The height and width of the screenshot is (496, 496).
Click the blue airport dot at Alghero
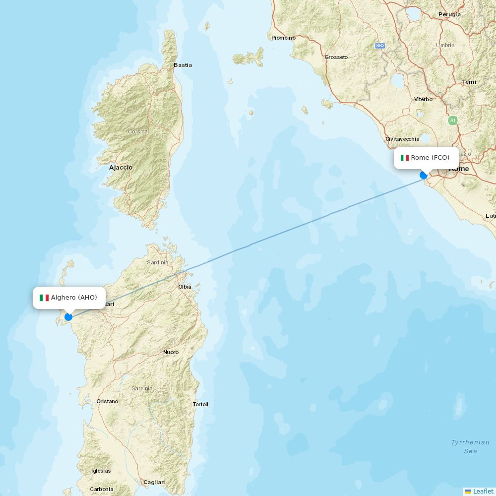tap(68, 317)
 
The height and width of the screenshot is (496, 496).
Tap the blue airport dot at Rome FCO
tap(424, 175)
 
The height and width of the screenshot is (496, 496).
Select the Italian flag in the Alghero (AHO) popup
tap(44, 298)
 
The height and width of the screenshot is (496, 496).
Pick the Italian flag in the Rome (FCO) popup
tap(405, 158)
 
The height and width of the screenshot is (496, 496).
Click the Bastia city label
tap(183, 65)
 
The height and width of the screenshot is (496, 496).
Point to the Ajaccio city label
tap(121, 168)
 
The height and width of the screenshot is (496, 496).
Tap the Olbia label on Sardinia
tap(185, 287)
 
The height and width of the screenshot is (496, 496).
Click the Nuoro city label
tap(171, 352)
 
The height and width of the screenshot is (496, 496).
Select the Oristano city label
tap(107, 401)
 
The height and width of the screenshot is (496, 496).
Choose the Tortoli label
tap(200, 404)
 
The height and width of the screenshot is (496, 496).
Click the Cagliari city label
tap(154, 482)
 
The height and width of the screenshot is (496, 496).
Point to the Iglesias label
tap(101, 471)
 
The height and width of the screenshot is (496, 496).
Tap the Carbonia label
tap(102, 489)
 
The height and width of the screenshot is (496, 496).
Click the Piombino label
tap(283, 38)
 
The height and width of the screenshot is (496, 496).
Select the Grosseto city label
tap(336, 57)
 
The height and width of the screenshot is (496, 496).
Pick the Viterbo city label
tap(423, 99)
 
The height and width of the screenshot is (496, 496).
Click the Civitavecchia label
tap(402, 139)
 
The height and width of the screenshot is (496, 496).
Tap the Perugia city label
tap(449, 14)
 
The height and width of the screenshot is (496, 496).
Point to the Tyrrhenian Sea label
tap(470, 446)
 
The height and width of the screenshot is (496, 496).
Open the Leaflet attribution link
tap(483, 491)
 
